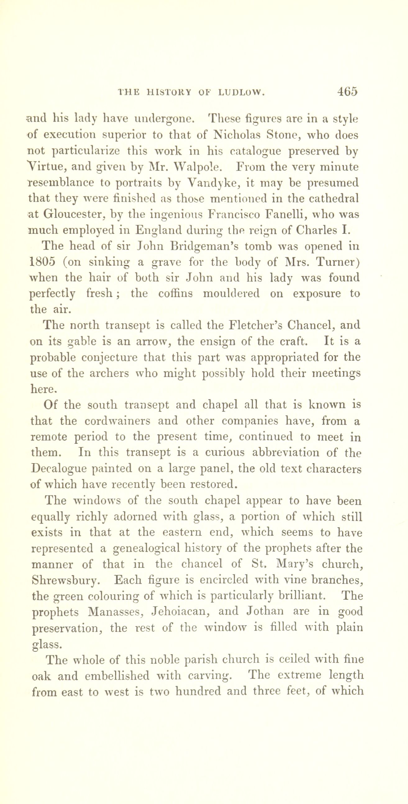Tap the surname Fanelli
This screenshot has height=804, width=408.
[294, 215]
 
